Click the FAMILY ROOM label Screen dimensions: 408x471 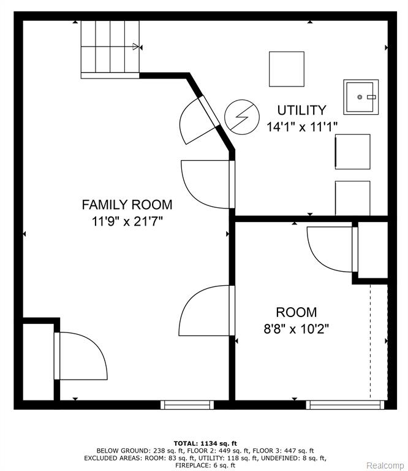pyautogui.click(x=127, y=205)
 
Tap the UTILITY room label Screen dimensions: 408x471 pyautogui.click(x=301, y=110)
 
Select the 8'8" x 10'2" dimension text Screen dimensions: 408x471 pyautogui.click(x=296, y=329)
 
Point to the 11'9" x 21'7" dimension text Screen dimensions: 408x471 pyautogui.click(x=127, y=221)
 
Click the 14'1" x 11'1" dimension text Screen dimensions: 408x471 pyautogui.click(x=302, y=127)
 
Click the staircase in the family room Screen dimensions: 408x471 pyautogui.click(x=110, y=50)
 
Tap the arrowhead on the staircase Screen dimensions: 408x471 pyautogui.click(x=136, y=47)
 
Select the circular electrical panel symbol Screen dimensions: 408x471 pyautogui.click(x=242, y=117)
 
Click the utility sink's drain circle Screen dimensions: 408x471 pyautogui.click(x=360, y=97)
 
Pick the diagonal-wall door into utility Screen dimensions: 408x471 pyautogui.click(x=200, y=120)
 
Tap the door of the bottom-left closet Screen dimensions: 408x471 pyautogui.click(x=80, y=356)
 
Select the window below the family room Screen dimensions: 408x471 pyautogui.click(x=187, y=405)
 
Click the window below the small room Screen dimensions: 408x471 pyautogui.click(x=345, y=405)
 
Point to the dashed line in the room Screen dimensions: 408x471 pyautogui.click(x=371, y=342)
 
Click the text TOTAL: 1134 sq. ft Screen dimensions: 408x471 pyautogui.click(x=205, y=443)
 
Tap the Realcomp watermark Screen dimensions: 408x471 pyautogui.click(x=385, y=465)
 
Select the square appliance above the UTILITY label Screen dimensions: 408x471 pyautogui.click(x=287, y=69)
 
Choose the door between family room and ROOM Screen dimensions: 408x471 pyautogui.click(x=206, y=310)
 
